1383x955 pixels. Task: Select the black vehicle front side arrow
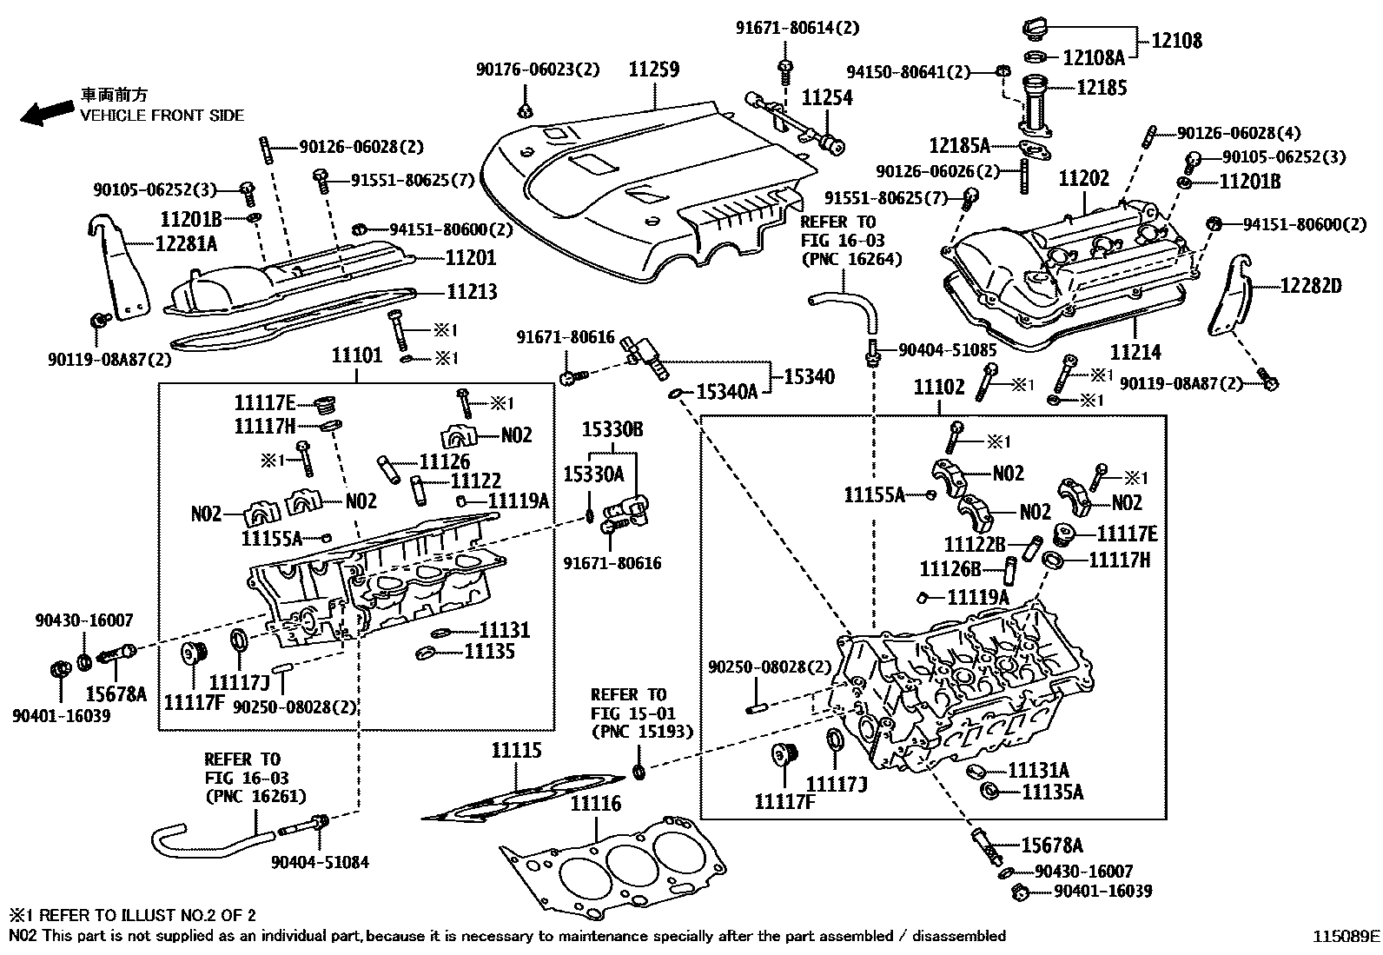(x=47, y=112)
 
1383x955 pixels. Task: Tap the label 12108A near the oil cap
(x=1094, y=57)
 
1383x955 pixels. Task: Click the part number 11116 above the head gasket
(x=595, y=804)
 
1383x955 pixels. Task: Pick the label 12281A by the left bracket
(x=186, y=244)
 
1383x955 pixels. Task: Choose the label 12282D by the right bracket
(x=1311, y=285)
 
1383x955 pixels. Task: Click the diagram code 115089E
(x=1345, y=936)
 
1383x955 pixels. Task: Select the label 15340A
(x=728, y=393)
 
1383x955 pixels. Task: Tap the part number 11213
(x=472, y=291)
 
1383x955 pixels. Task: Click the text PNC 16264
(x=851, y=258)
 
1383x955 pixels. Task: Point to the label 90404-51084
(x=320, y=862)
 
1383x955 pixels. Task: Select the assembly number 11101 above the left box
(x=356, y=355)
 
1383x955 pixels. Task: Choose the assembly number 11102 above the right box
(x=939, y=387)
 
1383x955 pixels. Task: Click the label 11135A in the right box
(x=1053, y=792)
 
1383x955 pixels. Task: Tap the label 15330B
(x=612, y=429)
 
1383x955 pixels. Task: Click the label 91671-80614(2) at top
(x=797, y=28)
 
